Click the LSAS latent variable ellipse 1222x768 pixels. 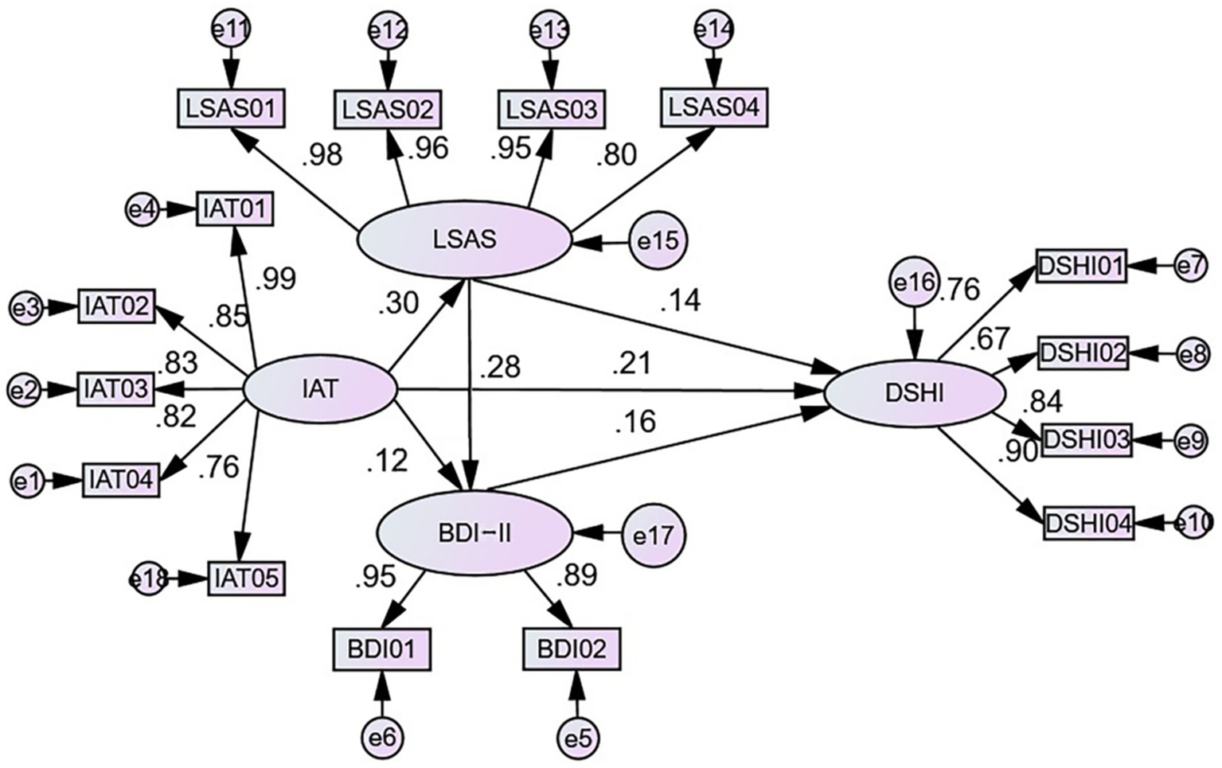point(465,239)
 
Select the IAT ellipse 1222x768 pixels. point(319,390)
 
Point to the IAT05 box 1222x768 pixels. point(245,579)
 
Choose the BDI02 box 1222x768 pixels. point(572,649)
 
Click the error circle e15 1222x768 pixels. point(658,240)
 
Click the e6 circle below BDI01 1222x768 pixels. point(382,737)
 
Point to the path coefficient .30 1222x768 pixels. point(398,302)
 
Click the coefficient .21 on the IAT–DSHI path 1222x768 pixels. point(631,364)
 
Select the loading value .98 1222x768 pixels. point(322,155)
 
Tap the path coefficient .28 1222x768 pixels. point(500,367)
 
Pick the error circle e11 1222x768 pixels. point(232,30)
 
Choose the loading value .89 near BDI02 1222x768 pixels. point(576,575)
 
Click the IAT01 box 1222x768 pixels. point(235,209)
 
